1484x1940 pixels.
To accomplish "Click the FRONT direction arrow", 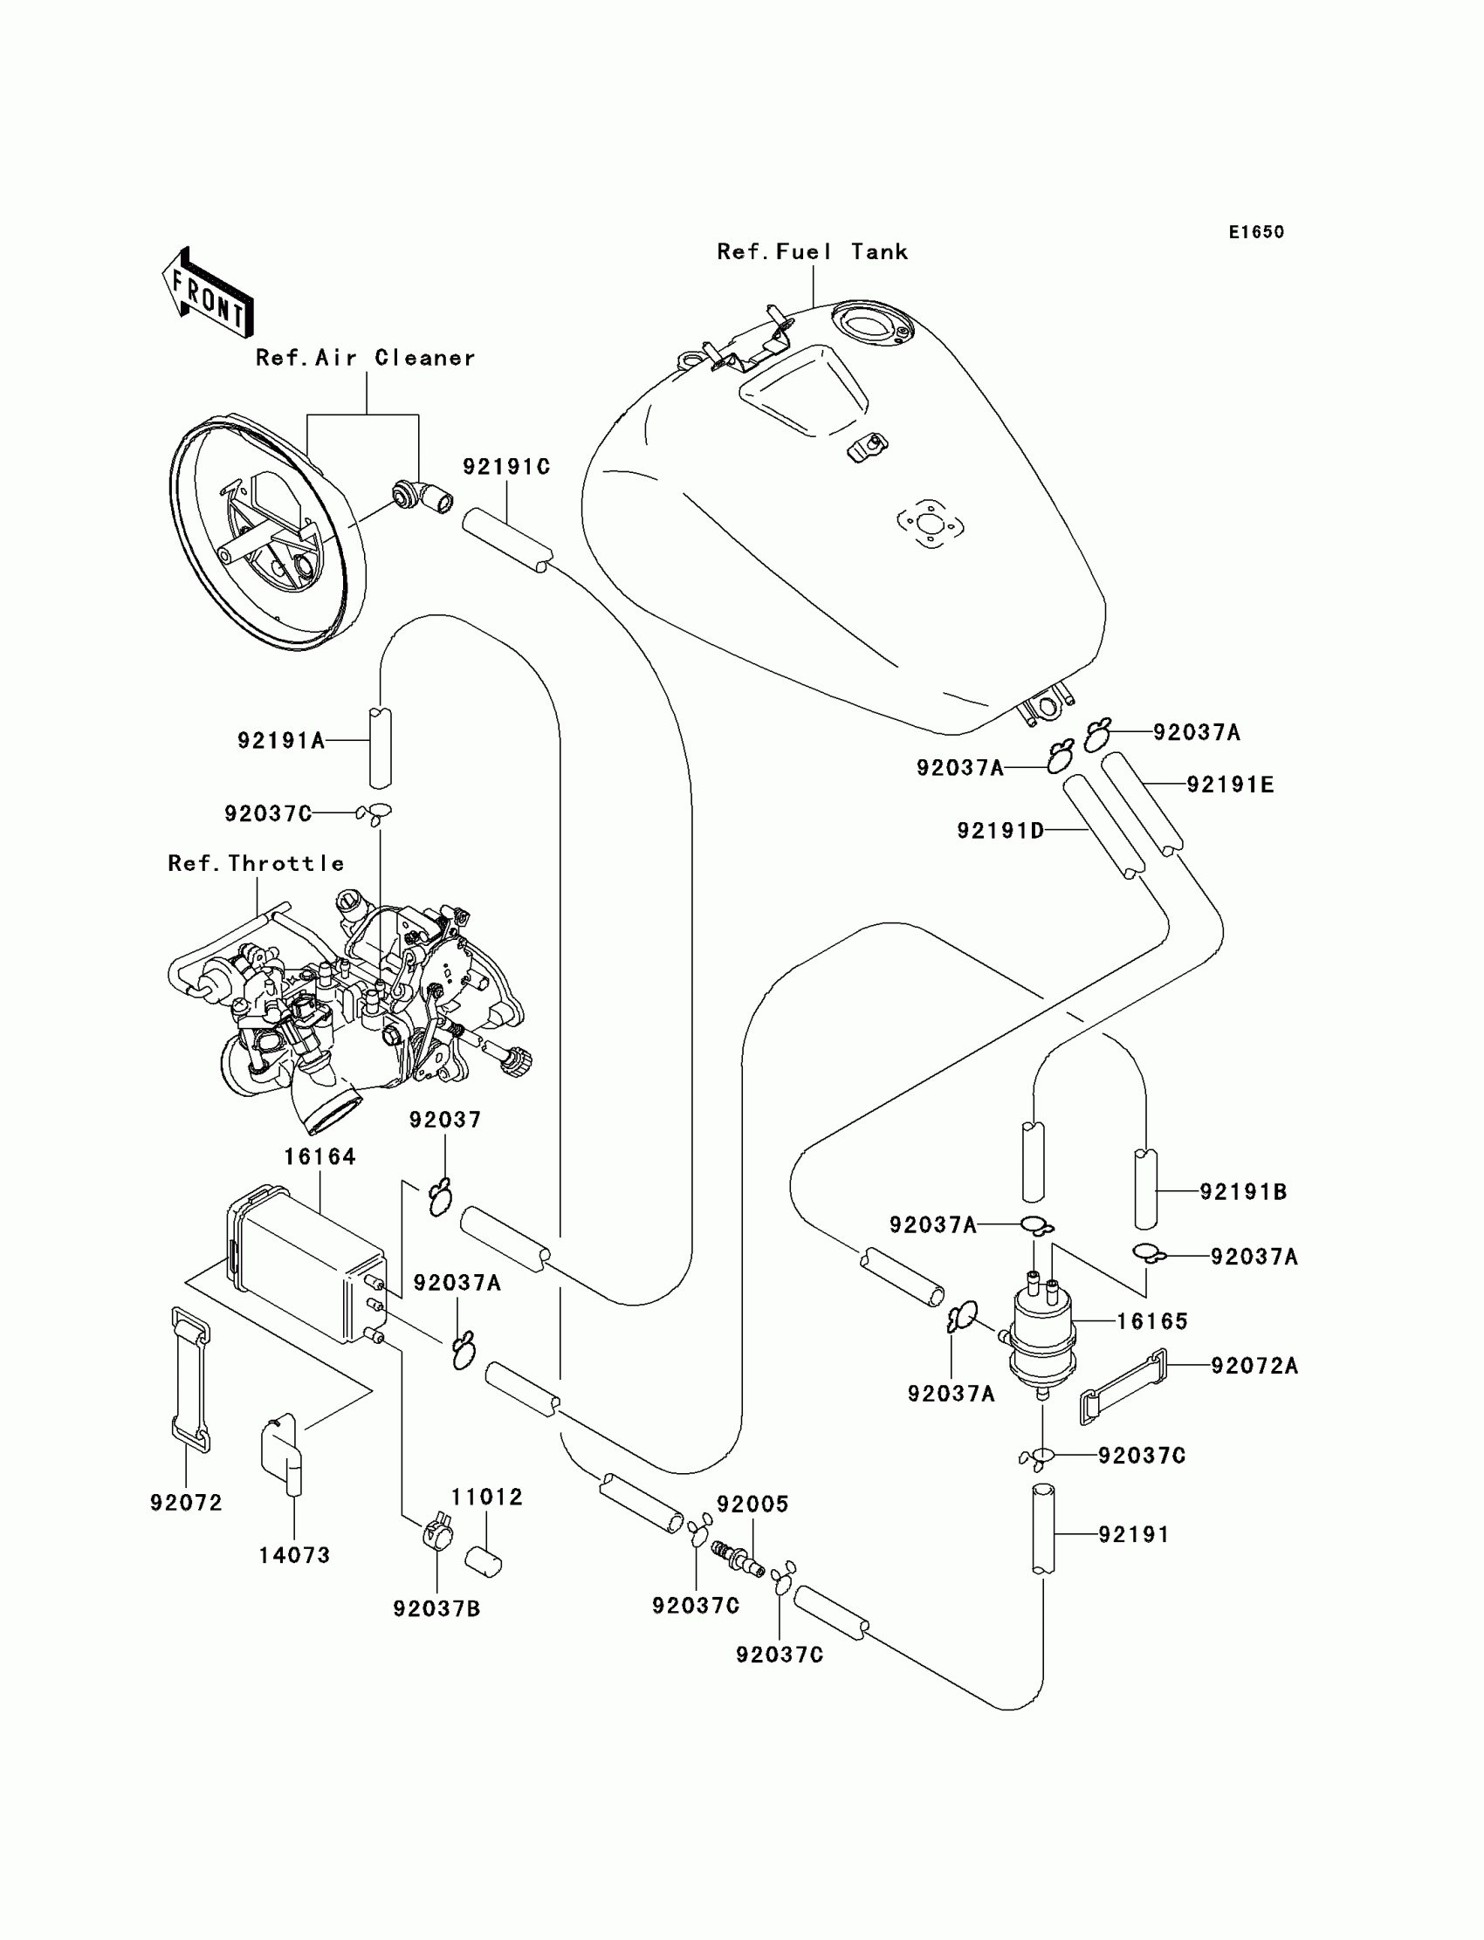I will click(208, 293).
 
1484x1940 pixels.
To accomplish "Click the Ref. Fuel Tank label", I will click(812, 252).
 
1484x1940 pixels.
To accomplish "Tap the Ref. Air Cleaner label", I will click(365, 358).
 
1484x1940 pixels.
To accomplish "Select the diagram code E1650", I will click(1256, 232).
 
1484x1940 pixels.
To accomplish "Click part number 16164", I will click(319, 1157).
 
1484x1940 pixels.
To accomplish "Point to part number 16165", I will click(1152, 1322).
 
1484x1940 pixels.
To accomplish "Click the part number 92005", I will click(752, 1505).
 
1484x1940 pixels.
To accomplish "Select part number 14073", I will click(294, 1555).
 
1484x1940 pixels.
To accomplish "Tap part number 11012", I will click(487, 1497).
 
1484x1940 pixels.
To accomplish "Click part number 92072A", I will click(1254, 1366).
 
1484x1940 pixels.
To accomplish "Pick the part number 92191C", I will click(506, 467).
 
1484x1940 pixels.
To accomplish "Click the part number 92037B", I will click(436, 1609).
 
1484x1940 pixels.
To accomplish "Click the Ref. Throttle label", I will click(256, 864).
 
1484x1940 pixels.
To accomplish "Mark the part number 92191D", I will click(1000, 831).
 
